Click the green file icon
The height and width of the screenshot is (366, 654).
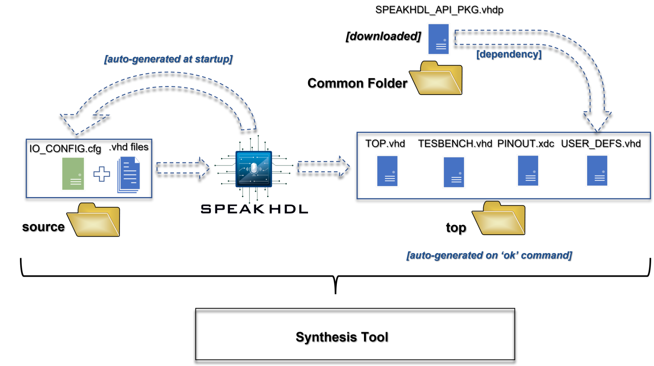click(x=73, y=174)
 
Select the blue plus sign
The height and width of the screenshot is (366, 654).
click(x=102, y=174)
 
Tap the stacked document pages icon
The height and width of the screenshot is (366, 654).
click(x=129, y=174)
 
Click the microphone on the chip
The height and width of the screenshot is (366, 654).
click(x=254, y=169)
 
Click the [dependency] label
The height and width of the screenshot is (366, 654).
click(x=509, y=54)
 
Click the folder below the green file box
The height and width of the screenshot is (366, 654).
click(x=94, y=220)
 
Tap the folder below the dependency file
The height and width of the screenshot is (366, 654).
click(x=436, y=78)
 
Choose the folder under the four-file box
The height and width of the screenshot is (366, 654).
click(x=499, y=218)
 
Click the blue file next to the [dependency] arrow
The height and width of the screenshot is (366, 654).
click(x=439, y=39)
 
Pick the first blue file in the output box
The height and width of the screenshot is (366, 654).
click(x=387, y=171)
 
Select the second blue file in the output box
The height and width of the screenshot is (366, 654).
click(x=454, y=172)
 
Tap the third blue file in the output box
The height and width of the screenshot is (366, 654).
click(x=528, y=171)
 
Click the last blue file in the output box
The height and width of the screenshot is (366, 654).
click(x=597, y=171)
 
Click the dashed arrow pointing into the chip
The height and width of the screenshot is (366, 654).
click(x=182, y=167)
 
